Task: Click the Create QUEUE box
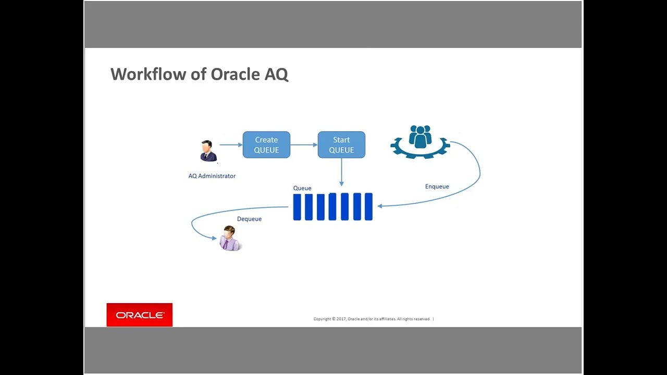[266, 145]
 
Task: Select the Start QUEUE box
[341, 145]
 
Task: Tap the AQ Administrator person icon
[208, 151]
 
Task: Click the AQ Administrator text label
[212, 176]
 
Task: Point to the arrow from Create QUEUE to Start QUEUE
[304, 145]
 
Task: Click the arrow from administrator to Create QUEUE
[230, 145]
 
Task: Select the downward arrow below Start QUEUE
[341, 172]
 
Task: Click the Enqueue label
[437, 186]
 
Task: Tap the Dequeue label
[249, 219]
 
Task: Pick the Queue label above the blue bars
[302, 188]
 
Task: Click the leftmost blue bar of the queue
[297, 207]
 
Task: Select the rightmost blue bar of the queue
[368, 207]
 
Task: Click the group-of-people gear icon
[420, 141]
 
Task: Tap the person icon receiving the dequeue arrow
[229, 239]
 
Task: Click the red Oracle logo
[139, 315]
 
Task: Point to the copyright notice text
[372, 319]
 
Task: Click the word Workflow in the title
[148, 74]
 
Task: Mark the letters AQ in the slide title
[276, 74]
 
